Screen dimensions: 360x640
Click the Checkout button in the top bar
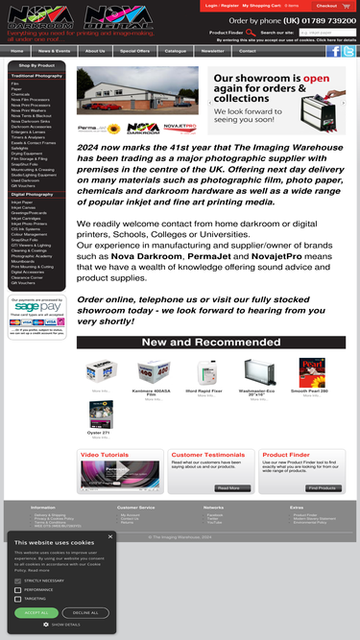(x=326, y=6)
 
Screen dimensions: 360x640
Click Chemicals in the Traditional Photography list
(x=21, y=93)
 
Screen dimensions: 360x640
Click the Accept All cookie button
(x=36, y=612)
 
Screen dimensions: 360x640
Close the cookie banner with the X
(x=110, y=536)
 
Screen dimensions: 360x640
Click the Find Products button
(x=323, y=488)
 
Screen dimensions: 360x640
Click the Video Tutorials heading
(x=104, y=455)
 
